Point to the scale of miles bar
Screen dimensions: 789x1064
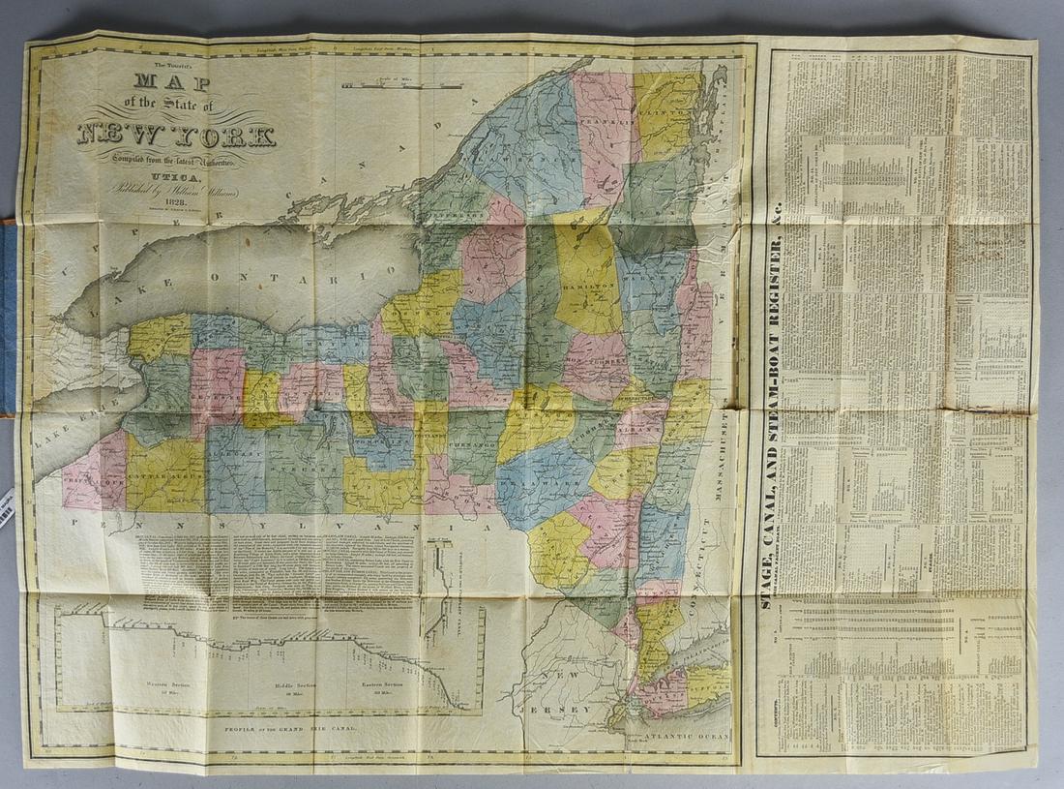[x=387, y=86]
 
